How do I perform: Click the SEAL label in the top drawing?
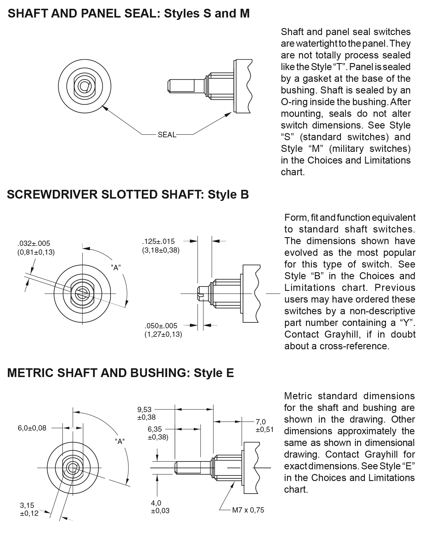click(167, 135)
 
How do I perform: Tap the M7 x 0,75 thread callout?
click(248, 510)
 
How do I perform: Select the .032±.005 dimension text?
click(34, 243)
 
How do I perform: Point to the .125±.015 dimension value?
click(158, 241)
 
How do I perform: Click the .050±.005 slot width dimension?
click(161, 326)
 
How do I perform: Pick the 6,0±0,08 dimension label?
click(32, 428)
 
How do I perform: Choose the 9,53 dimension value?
click(144, 409)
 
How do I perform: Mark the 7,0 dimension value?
click(261, 422)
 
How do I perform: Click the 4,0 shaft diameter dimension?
click(156, 503)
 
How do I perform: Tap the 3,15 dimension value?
click(27, 505)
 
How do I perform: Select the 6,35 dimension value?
click(155, 429)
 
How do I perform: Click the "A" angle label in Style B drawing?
click(116, 267)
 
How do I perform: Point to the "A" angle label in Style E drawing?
click(120, 442)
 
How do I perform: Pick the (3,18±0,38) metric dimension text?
click(161, 250)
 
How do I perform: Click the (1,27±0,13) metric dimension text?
click(163, 334)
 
